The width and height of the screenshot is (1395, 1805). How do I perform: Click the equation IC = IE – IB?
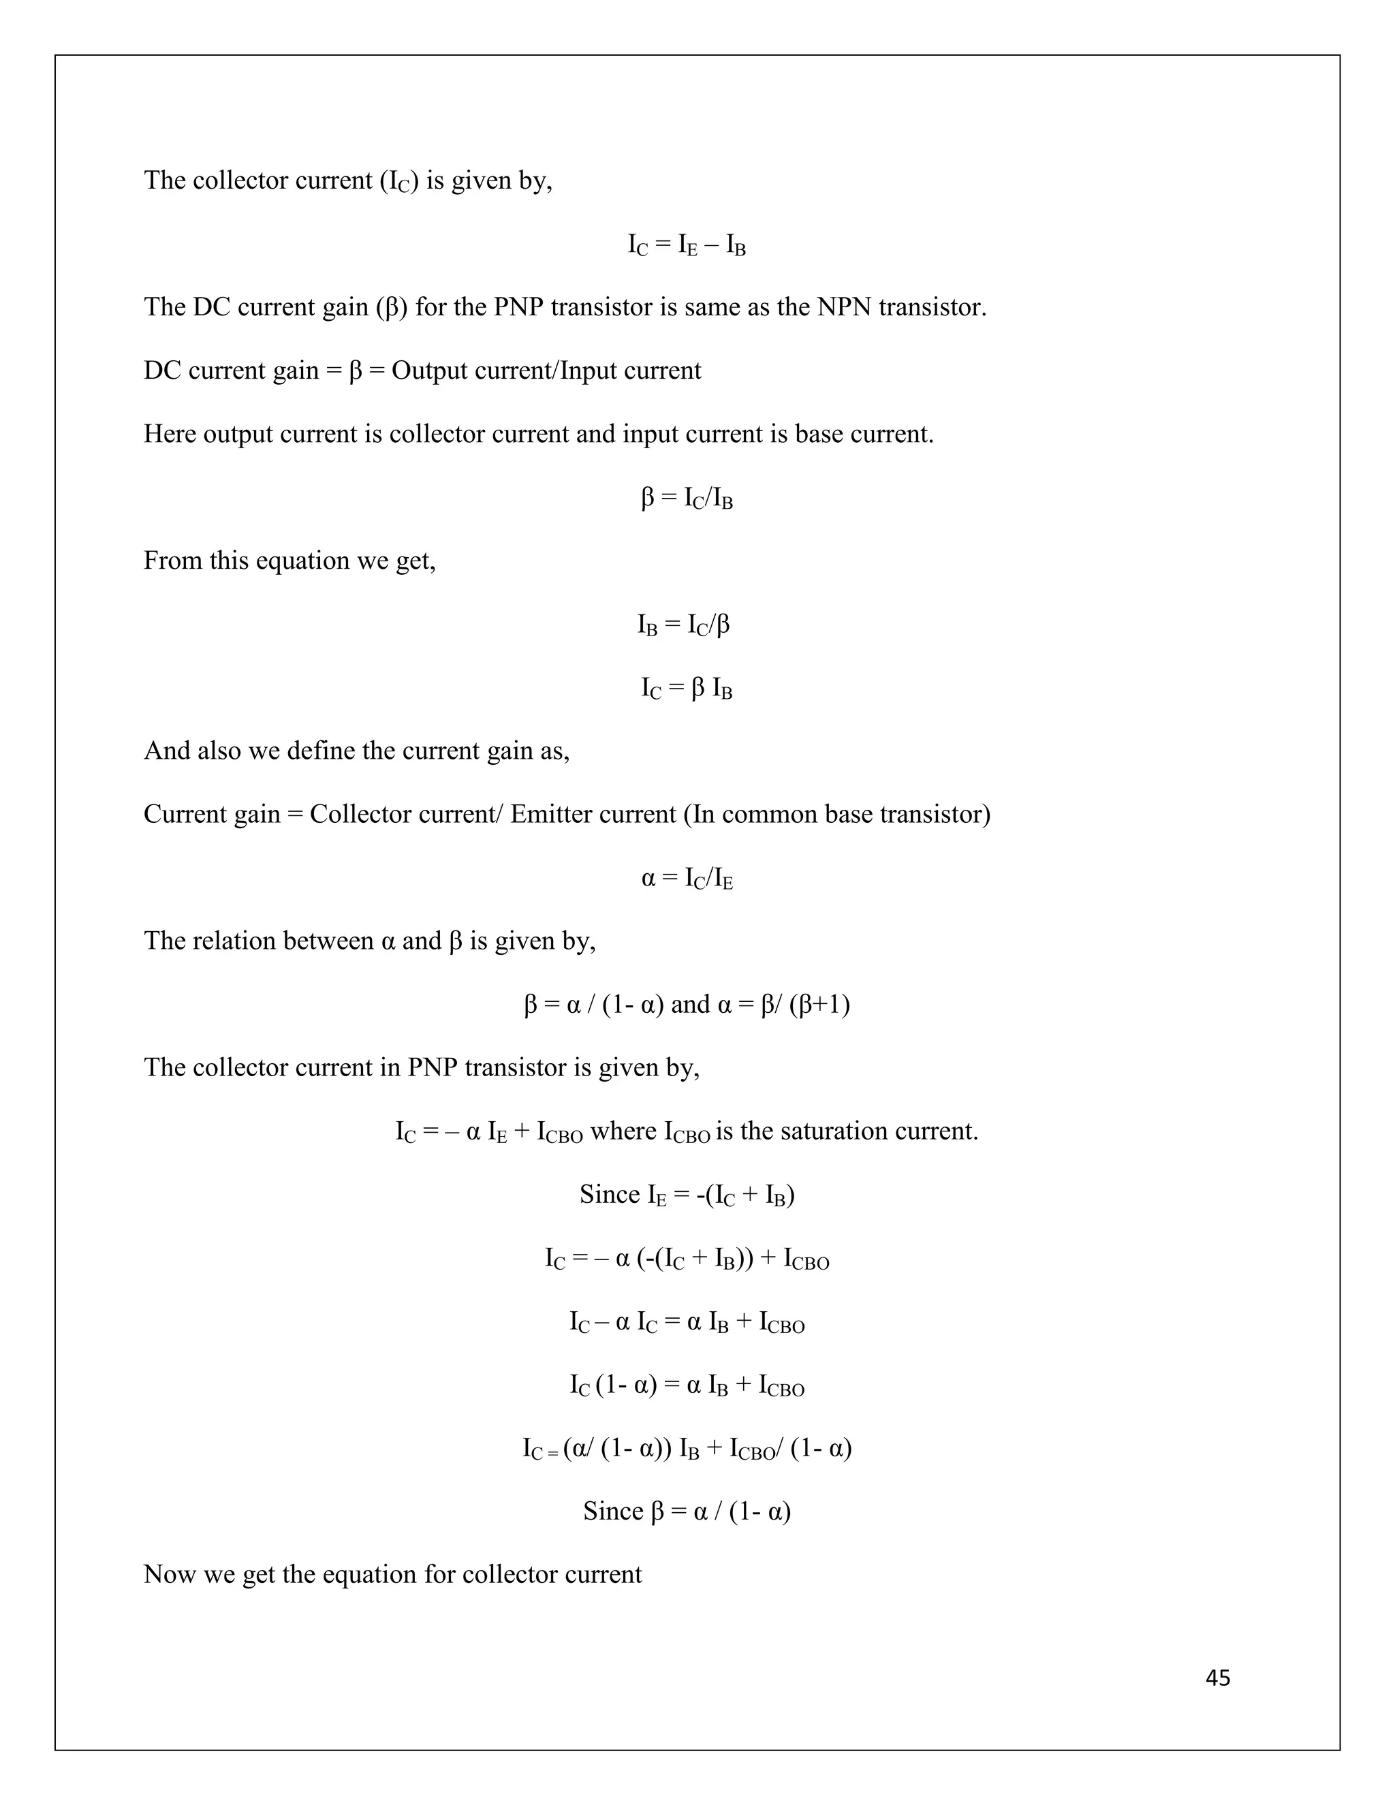pos(687,245)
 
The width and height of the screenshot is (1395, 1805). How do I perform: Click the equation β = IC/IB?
pos(687,499)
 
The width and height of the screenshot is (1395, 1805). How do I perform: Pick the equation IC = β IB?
pos(687,689)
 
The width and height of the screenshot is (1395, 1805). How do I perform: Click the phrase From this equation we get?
pos(289,561)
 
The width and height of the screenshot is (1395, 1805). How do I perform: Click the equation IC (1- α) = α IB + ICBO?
pos(687,1385)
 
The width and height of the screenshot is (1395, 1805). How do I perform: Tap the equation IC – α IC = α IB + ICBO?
pos(687,1322)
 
